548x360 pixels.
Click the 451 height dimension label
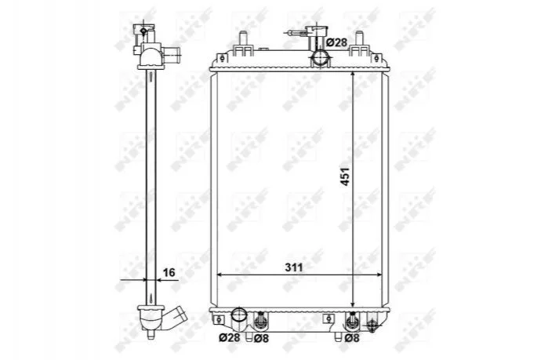click(x=345, y=176)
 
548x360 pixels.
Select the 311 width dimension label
click(x=293, y=267)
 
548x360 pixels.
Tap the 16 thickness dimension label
click(x=169, y=272)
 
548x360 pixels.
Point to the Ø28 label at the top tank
click(x=336, y=42)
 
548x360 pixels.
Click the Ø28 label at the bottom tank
click(x=230, y=338)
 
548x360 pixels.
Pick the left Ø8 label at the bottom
click(x=261, y=338)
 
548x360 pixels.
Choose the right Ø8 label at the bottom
click(x=352, y=338)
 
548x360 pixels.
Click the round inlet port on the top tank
click(x=321, y=58)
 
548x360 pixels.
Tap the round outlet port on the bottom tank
click(x=239, y=315)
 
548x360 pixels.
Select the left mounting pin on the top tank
click(x=243, y=39)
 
